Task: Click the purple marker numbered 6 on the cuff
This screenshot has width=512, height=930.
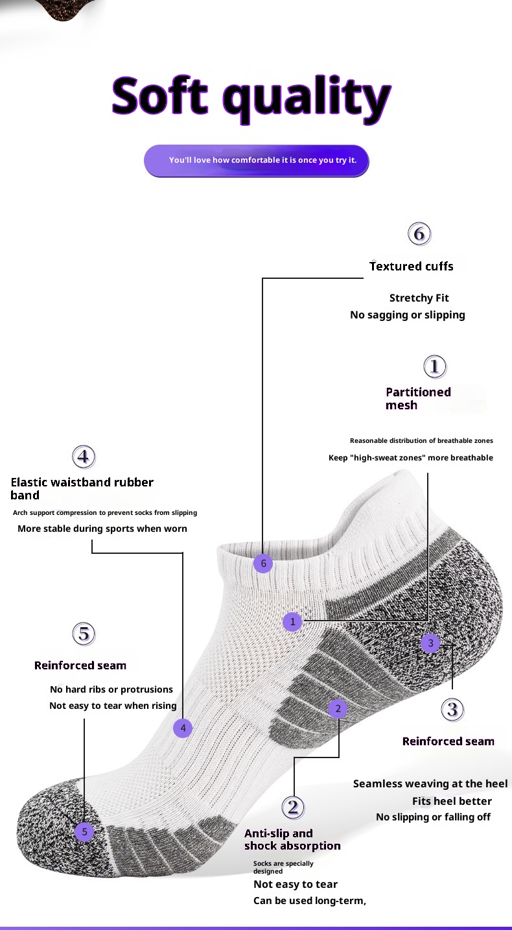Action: point(263,564)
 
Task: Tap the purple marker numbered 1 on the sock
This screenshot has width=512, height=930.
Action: point(292,622)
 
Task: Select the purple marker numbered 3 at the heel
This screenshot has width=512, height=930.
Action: point(430,643)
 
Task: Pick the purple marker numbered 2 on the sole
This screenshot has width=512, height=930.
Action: point(338,709)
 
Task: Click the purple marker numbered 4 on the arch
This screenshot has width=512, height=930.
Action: point(183,728)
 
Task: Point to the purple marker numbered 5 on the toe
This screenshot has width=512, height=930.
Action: point(84,831)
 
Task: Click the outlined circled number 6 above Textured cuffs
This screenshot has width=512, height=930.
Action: point(419,233)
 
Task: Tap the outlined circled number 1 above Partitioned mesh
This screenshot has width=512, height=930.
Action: point(435,367)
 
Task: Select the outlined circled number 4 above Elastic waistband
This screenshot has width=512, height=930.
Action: point(84,457)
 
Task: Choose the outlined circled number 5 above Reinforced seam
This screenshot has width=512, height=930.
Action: point(84,633)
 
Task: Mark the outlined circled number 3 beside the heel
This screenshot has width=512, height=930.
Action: point(452,709)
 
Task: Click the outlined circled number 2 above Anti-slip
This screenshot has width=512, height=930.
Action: point(293,807)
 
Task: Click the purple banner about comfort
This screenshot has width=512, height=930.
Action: point(256,160)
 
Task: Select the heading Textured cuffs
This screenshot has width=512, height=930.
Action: point(411,266)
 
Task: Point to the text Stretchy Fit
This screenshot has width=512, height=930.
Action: point(419,298)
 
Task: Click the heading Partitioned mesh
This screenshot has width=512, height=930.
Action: point(418,398)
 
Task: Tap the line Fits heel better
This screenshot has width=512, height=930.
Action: point(452,801)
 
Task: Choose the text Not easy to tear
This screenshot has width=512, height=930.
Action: point(295,884)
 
